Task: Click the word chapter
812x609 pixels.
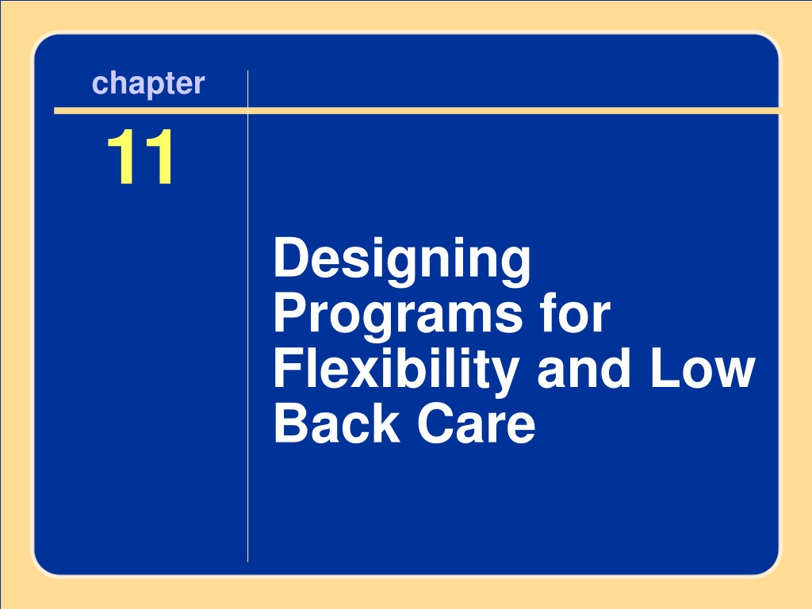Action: pyautogui.click(x=148, y=84)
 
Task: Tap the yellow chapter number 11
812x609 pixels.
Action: pyautogui.click(x=140, y=156)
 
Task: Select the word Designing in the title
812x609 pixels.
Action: pyautogui.click(x=402, y=261)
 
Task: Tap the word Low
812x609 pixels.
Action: pyautogui.click(x=703, y=368)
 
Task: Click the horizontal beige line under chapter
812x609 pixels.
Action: pyautogui.click(x=416, y=111)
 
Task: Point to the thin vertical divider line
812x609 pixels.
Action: pyautogui.click(x=248, y=316)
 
